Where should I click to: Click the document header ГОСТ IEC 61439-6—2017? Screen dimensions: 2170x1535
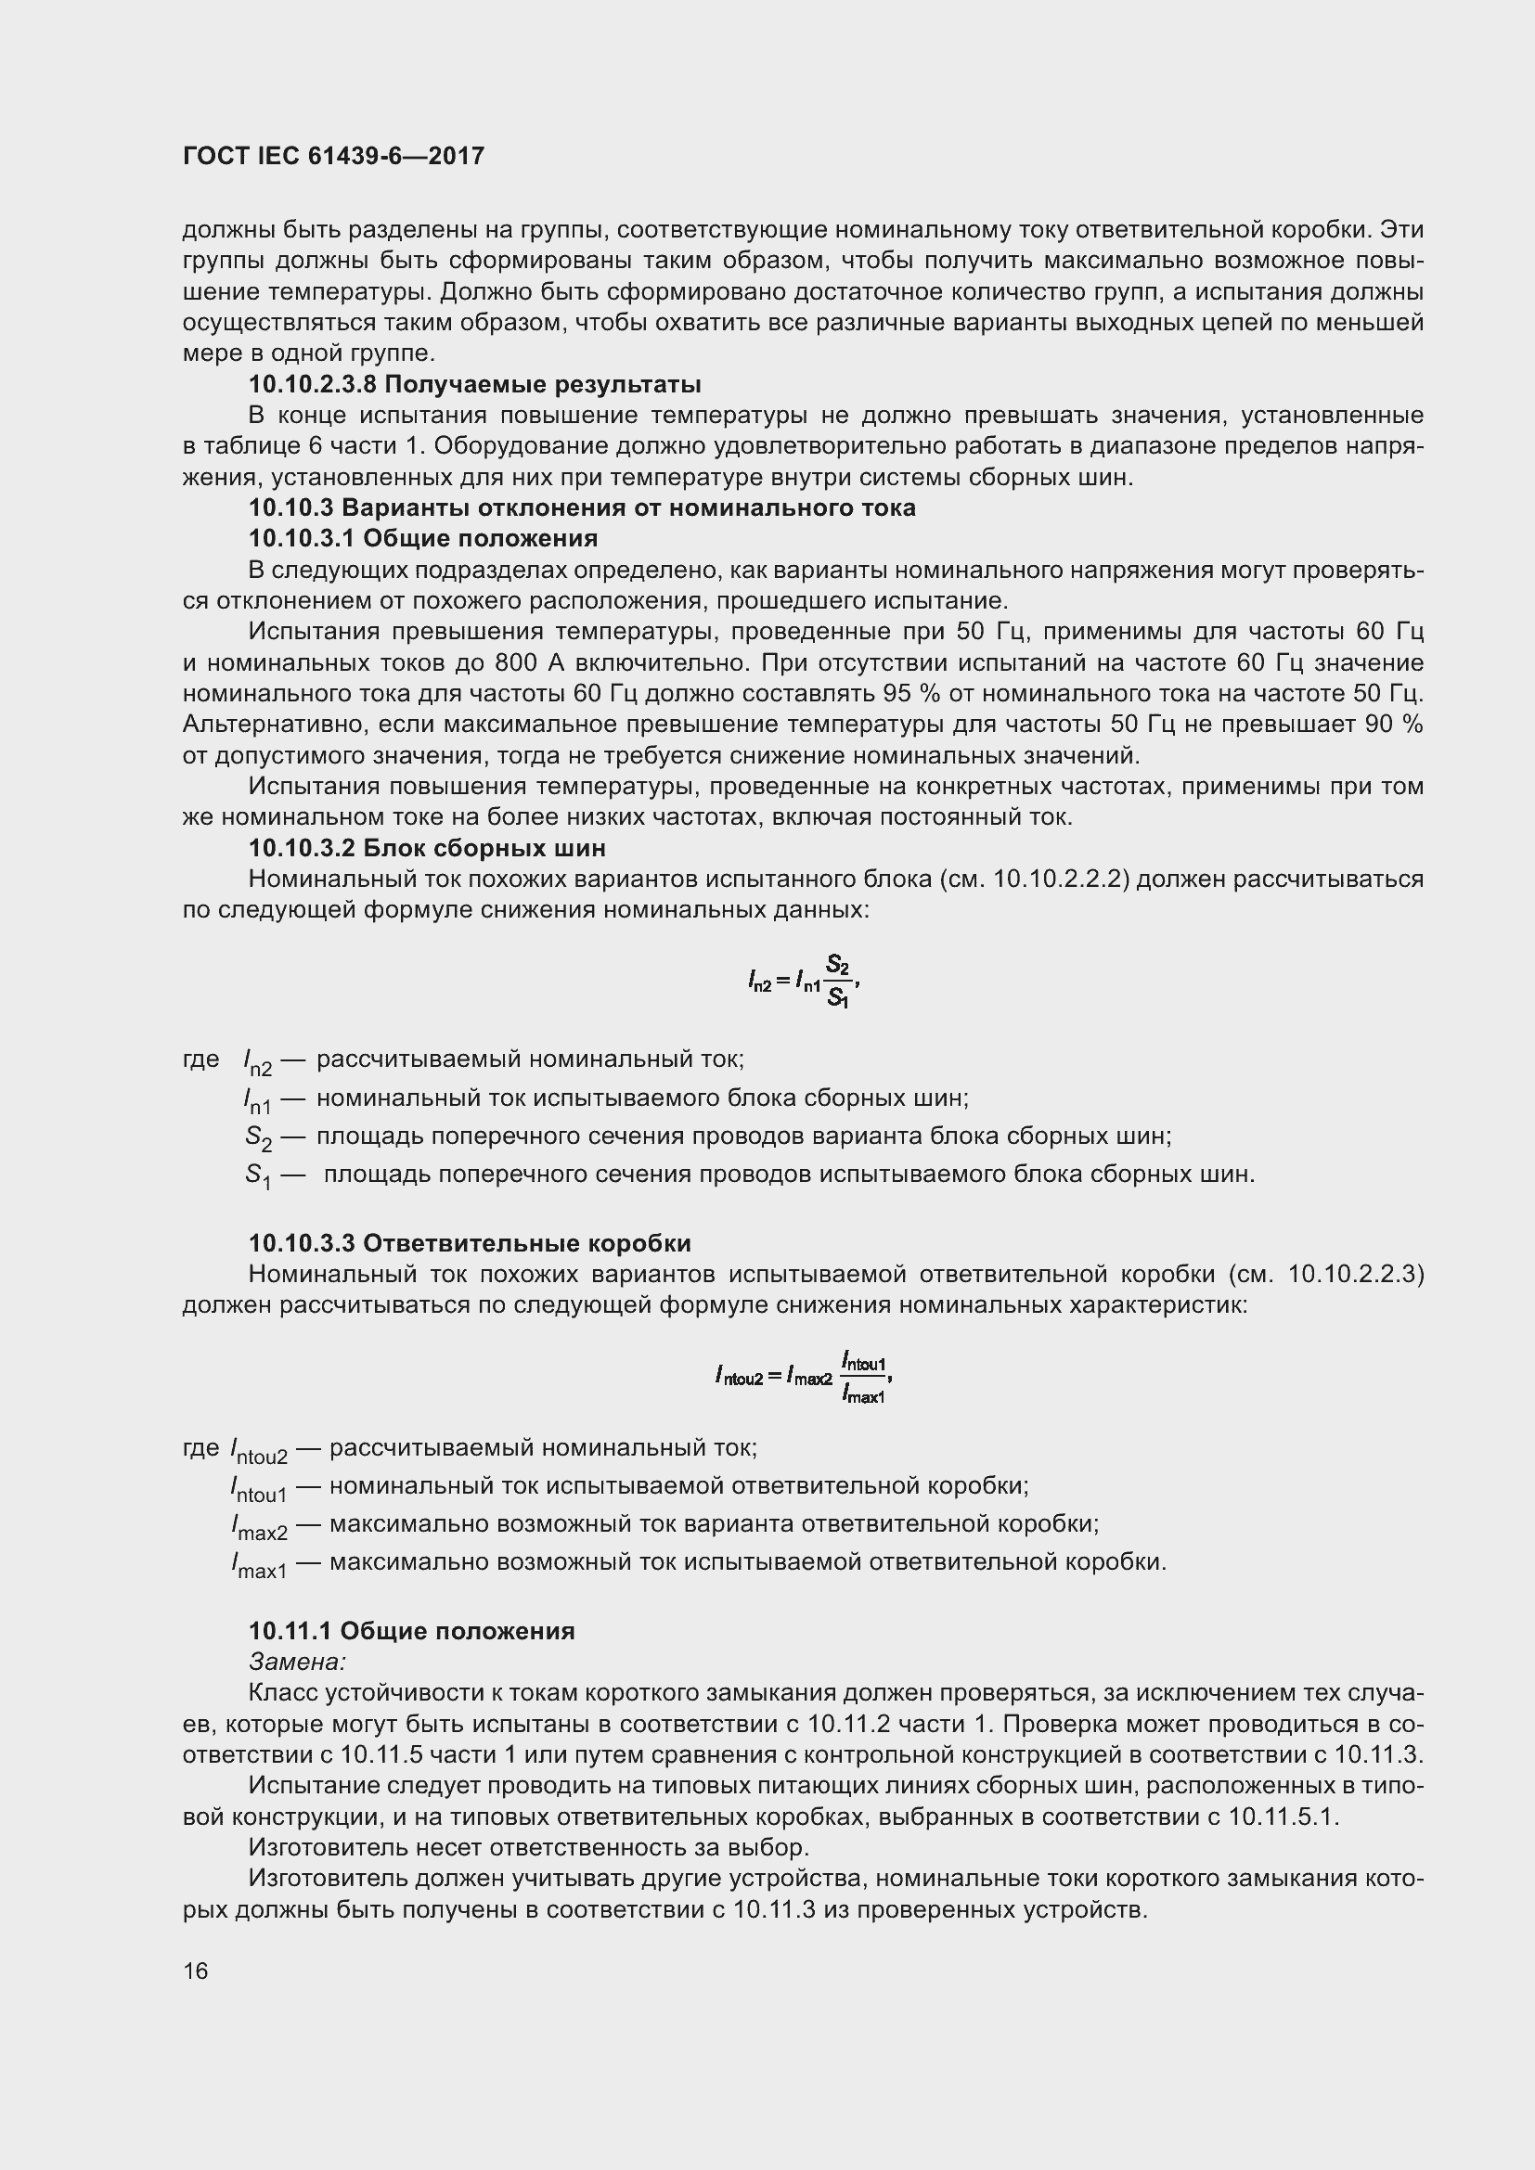[333, 156]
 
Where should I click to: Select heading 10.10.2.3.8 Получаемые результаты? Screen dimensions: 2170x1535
[474, 385]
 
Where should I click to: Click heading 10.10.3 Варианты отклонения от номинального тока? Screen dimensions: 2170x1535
[581, 507]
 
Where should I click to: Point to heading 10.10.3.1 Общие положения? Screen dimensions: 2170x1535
[422, 539]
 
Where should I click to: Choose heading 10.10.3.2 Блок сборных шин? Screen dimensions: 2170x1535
[426, 848]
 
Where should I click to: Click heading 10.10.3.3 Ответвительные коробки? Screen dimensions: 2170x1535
[470, 1244]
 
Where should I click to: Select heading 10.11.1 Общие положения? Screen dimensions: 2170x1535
[411, 1631]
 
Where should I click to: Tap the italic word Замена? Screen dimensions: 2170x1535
[297, 1661]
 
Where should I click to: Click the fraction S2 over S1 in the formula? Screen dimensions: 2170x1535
[837, 981]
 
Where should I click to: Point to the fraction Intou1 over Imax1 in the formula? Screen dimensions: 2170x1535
[864, 1378]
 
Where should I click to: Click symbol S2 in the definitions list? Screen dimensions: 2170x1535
[258, 1138]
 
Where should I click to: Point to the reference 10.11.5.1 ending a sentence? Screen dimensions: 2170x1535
[1283, 1817]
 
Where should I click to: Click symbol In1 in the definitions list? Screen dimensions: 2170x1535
[257, 1100]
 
